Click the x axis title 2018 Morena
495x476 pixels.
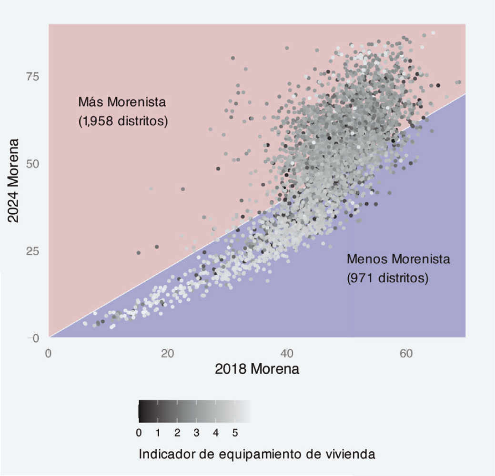click(257, 369)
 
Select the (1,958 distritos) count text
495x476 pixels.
click(123, 121)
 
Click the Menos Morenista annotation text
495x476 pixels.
click(398, 259)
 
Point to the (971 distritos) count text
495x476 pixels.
click(387, 278)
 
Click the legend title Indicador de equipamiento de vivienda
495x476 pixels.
click(257, 454)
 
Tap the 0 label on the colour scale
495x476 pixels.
click(139, 433)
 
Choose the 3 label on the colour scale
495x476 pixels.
click(196, 433)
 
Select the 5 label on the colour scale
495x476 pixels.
click(235, 433)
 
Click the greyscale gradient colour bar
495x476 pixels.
click(194, 412)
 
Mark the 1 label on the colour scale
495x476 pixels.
click(158, 433)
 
